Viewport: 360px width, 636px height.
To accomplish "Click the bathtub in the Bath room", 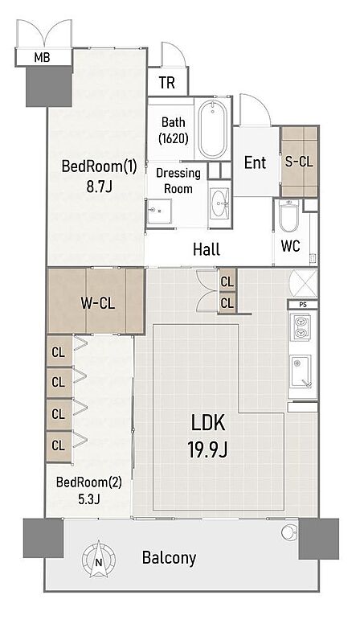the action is click(x=212, y=129).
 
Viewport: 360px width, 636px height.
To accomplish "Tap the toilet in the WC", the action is click(x=289, y=215).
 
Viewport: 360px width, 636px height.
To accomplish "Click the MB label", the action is click(x=42, y=58).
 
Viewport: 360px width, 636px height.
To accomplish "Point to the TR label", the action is click(x=167, y=82).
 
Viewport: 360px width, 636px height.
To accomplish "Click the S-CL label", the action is click(x=299, y=162).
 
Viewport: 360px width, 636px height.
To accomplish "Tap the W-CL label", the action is click(x=97, y=303).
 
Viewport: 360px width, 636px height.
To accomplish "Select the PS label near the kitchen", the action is click(x=303, y=304).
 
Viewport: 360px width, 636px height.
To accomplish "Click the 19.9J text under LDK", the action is click(x=207, y=449).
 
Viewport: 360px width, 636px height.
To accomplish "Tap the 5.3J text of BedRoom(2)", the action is click(x=89, y=499).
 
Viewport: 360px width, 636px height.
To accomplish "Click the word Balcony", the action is click(x=169, y=559).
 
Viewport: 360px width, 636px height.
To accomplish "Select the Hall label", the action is click(x=207, y=249).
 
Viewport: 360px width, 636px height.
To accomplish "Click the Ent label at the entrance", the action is click(x=256, y=162).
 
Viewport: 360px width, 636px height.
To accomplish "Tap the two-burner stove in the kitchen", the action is click(x=301, y=327).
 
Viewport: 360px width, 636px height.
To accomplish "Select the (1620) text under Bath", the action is click(x=174, y=139).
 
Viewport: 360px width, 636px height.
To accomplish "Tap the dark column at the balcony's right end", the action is click(x=319, y=539).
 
